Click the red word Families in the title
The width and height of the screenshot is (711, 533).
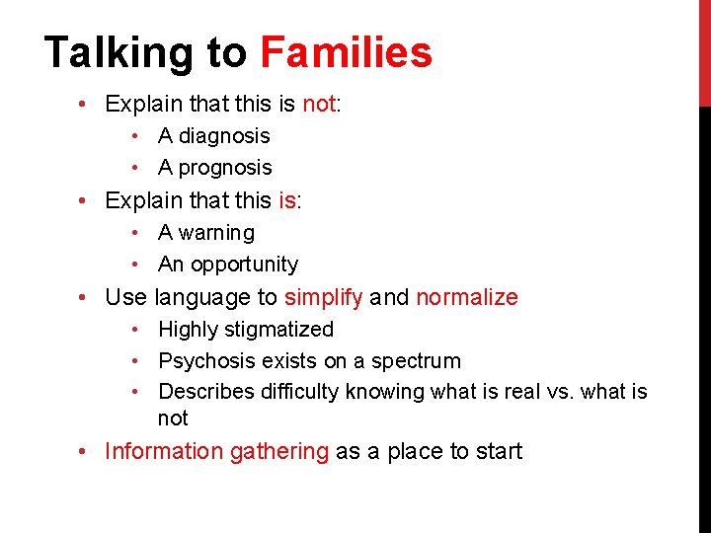pos(346,53)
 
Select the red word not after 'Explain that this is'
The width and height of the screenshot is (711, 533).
pos(319,104)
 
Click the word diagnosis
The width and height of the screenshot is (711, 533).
pos(223,136)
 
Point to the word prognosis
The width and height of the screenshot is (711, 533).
pos(224,168)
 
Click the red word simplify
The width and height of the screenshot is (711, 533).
pos(323,297)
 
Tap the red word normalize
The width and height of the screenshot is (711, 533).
pos(466,297)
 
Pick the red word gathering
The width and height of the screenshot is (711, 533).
pos(279,452)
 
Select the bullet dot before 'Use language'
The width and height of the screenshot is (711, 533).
pos(89,297)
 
